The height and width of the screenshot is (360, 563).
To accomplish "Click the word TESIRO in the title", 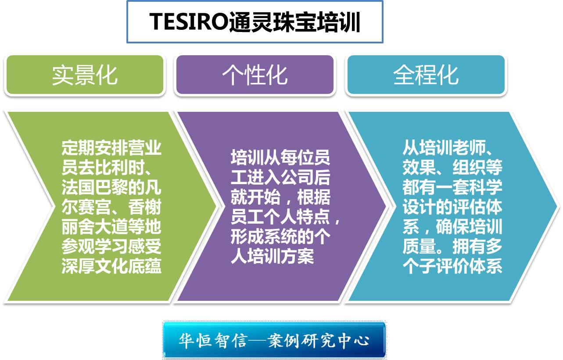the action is [189, 21].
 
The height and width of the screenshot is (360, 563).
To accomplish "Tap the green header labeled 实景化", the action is [85, 75].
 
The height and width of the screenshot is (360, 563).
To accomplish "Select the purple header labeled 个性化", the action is [255, 75].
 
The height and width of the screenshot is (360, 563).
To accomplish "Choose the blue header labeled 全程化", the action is [426, 75].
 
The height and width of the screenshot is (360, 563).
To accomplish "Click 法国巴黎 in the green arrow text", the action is [95, 187].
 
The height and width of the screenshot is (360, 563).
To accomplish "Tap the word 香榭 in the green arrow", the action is [144, 207].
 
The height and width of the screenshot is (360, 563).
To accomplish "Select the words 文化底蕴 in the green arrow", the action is [128, 266].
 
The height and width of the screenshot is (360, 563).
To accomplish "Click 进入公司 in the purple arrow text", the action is [280, 177].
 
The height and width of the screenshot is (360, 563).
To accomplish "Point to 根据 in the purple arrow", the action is [313, 197].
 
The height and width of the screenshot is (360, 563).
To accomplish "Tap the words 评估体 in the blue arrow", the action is [477, 207].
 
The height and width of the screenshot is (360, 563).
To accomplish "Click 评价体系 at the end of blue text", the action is [469, 266].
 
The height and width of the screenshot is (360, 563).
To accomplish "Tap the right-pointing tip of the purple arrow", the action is [386, 207].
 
